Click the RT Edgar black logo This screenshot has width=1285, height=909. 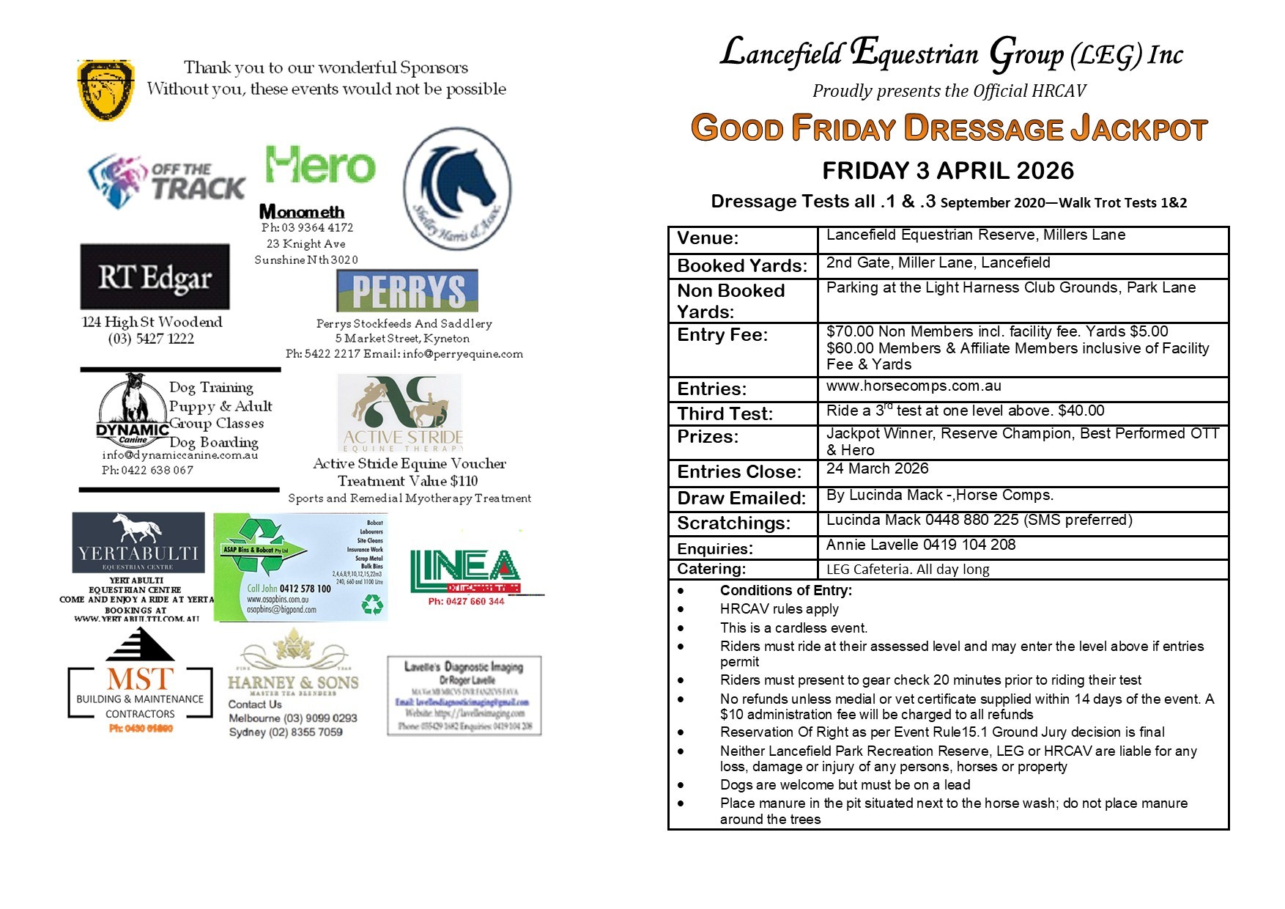155,277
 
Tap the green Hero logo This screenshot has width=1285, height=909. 320,165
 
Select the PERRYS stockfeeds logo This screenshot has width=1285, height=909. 407,291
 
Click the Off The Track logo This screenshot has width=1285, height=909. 167,180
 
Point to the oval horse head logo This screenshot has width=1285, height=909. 457,189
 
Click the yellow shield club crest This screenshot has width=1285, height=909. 105,90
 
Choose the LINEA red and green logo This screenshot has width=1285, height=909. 465,572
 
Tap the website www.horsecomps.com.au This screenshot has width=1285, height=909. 914,386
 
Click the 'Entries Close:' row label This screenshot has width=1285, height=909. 739,472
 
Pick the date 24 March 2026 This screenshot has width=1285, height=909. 877,469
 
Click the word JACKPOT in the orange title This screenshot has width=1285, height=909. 1138,129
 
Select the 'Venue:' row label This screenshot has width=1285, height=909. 708,238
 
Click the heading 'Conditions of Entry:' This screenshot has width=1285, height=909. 785,591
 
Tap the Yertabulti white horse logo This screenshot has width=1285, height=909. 138,542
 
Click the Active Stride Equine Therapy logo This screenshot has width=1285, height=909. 401,413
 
